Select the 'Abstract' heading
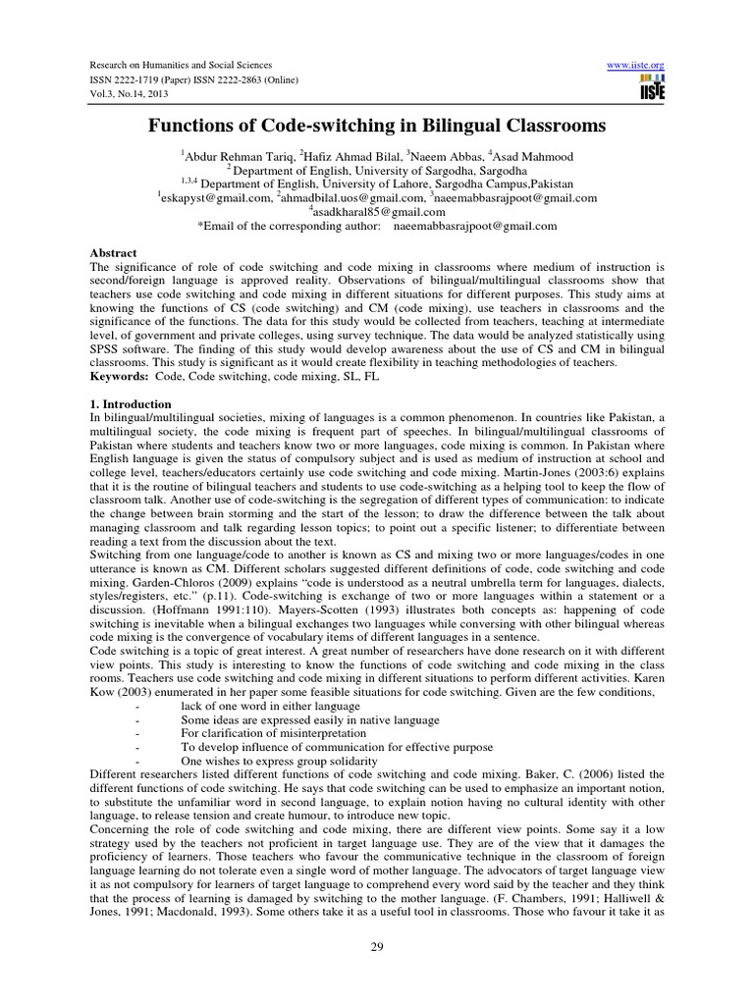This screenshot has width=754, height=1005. coord(111,252)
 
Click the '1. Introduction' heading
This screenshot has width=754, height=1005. coord(130,404)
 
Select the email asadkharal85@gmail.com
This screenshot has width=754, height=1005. coord(378,211)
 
